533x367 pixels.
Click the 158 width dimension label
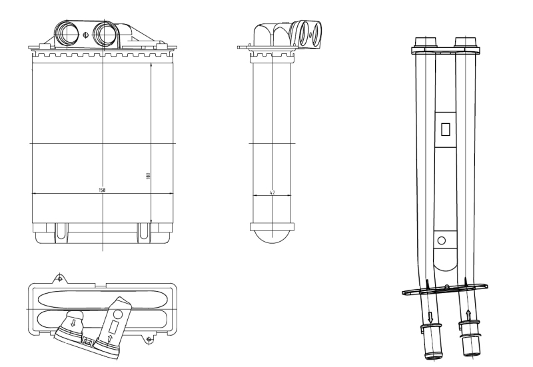(x=102, y=190)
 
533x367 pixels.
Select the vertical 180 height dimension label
(x=148, y=176)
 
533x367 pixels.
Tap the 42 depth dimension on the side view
(x=272, y=192)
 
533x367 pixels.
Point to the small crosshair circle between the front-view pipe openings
(x=85, y=35)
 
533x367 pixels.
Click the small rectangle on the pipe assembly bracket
(x=445, y=129)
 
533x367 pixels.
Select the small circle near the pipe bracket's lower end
(x=442, y=240)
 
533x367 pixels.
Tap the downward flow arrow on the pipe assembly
(x=430, y=318)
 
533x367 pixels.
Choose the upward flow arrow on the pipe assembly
(x=468, y=315)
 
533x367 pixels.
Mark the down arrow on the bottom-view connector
(x=73, y=322)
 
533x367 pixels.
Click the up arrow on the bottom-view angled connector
(x=110, y=339)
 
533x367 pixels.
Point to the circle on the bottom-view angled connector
(x=118, y=314)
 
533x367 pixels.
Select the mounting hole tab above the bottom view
(x=60, y=278)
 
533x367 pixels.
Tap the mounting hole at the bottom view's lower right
(x=148, y=339)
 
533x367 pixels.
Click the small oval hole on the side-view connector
(x=310, y=35)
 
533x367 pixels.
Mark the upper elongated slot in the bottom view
(x=102, y=298)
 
